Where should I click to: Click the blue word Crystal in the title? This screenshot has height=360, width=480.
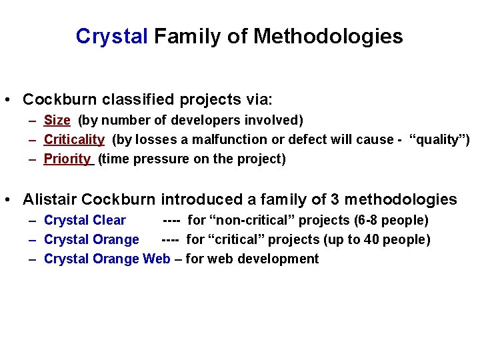(111, 36)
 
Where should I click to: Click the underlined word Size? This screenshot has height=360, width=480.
(57, 120)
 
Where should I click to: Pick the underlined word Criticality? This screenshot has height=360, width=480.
(74, 139)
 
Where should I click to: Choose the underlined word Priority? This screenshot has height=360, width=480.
(67, 159)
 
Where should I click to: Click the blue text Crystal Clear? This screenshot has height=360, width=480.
(85, 220)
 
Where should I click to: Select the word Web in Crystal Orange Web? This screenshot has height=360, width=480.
(157, 259)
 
